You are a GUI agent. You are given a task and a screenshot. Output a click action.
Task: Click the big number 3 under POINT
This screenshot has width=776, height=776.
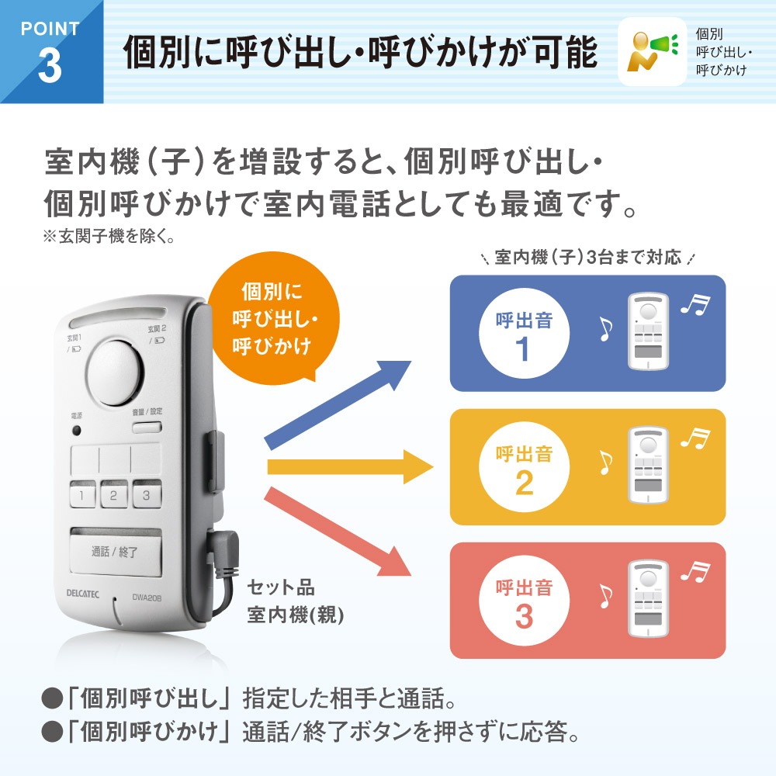(50, 66)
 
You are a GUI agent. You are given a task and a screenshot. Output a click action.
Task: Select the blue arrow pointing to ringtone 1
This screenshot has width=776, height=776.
(338, 405)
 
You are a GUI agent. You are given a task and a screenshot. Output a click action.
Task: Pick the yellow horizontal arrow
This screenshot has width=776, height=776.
(351, 466)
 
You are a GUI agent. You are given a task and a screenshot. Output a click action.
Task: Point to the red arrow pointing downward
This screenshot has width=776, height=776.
(338, 532)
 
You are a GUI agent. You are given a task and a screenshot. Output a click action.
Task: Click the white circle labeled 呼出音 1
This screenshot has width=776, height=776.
(524, 334)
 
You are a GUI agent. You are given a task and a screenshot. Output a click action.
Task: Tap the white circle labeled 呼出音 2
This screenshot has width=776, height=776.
(524, 467)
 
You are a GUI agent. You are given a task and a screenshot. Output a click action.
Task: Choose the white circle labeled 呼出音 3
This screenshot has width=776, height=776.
(524, 601)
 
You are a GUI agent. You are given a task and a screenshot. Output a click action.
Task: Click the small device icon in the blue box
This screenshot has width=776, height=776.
(648, 331)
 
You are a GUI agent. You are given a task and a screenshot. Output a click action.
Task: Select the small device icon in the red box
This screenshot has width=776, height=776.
(648, 598)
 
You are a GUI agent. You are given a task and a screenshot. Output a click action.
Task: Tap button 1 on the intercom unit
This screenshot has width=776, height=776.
(83, 494)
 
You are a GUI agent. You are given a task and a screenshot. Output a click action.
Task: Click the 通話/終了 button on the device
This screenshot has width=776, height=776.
(116, 552)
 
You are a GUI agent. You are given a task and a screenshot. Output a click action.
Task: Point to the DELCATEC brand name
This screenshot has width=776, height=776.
(83, 594)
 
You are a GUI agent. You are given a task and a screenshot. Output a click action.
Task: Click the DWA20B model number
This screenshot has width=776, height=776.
(147, 598)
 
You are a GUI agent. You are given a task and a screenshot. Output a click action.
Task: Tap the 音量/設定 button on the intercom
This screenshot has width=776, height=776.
(147, 427)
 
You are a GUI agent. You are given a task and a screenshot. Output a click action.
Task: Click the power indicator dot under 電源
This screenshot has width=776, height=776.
(77, 431)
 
